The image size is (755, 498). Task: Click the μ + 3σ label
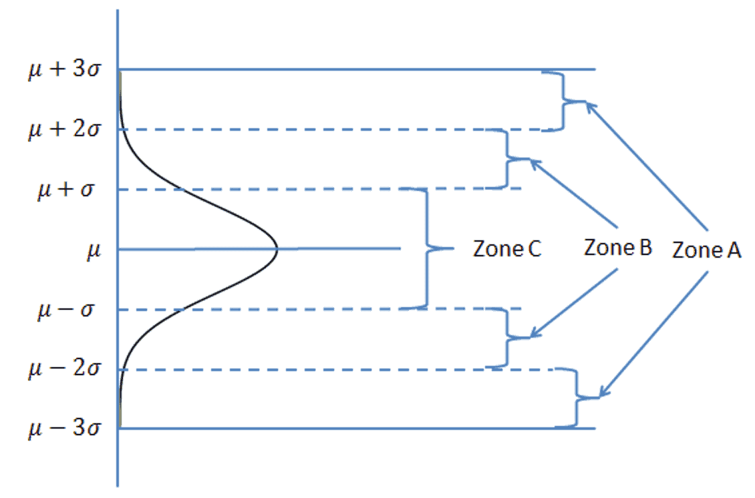tap(64, 69)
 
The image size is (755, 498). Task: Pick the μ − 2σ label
tap(64, 369)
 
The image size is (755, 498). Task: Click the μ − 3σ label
tap(64, 428)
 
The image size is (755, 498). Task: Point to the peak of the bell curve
tap(276, 250)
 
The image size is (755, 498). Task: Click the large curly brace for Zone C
tap(428, 249)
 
